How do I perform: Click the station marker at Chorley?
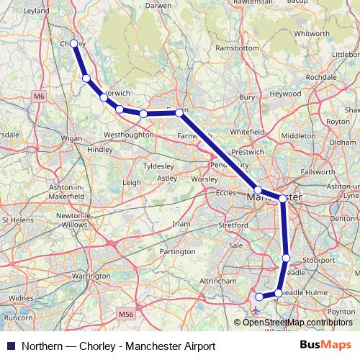pos(73,44)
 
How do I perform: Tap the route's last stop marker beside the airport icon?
pos(259,297)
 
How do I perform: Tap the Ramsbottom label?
pos(237,49)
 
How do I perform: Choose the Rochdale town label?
pos(321,76)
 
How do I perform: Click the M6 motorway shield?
pos(38,95)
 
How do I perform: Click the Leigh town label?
pos(132,183)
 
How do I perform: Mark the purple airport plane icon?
pos(256,311)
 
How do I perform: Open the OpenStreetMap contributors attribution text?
pos(297,322)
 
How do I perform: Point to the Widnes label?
pos(22,297)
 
